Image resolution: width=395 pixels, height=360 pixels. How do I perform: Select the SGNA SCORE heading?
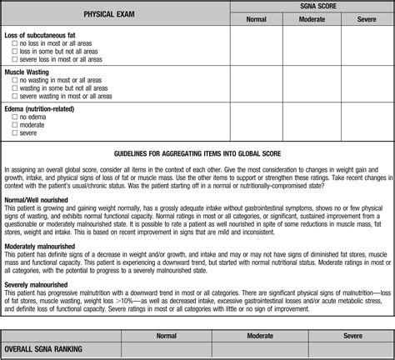tap(312, 5)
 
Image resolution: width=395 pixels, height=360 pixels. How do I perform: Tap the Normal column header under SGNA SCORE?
tap(257, 18)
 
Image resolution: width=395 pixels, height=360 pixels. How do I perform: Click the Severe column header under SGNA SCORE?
tap(366, 18)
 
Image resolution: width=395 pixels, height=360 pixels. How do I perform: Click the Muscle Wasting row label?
tap(27, 72)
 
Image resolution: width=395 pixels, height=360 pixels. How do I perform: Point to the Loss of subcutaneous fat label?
tap(42, 35)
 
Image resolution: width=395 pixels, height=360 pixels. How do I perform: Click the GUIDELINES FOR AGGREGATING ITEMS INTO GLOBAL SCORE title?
tap(197, 153)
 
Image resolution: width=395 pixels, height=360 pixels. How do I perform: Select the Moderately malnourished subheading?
tap(41, 247)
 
